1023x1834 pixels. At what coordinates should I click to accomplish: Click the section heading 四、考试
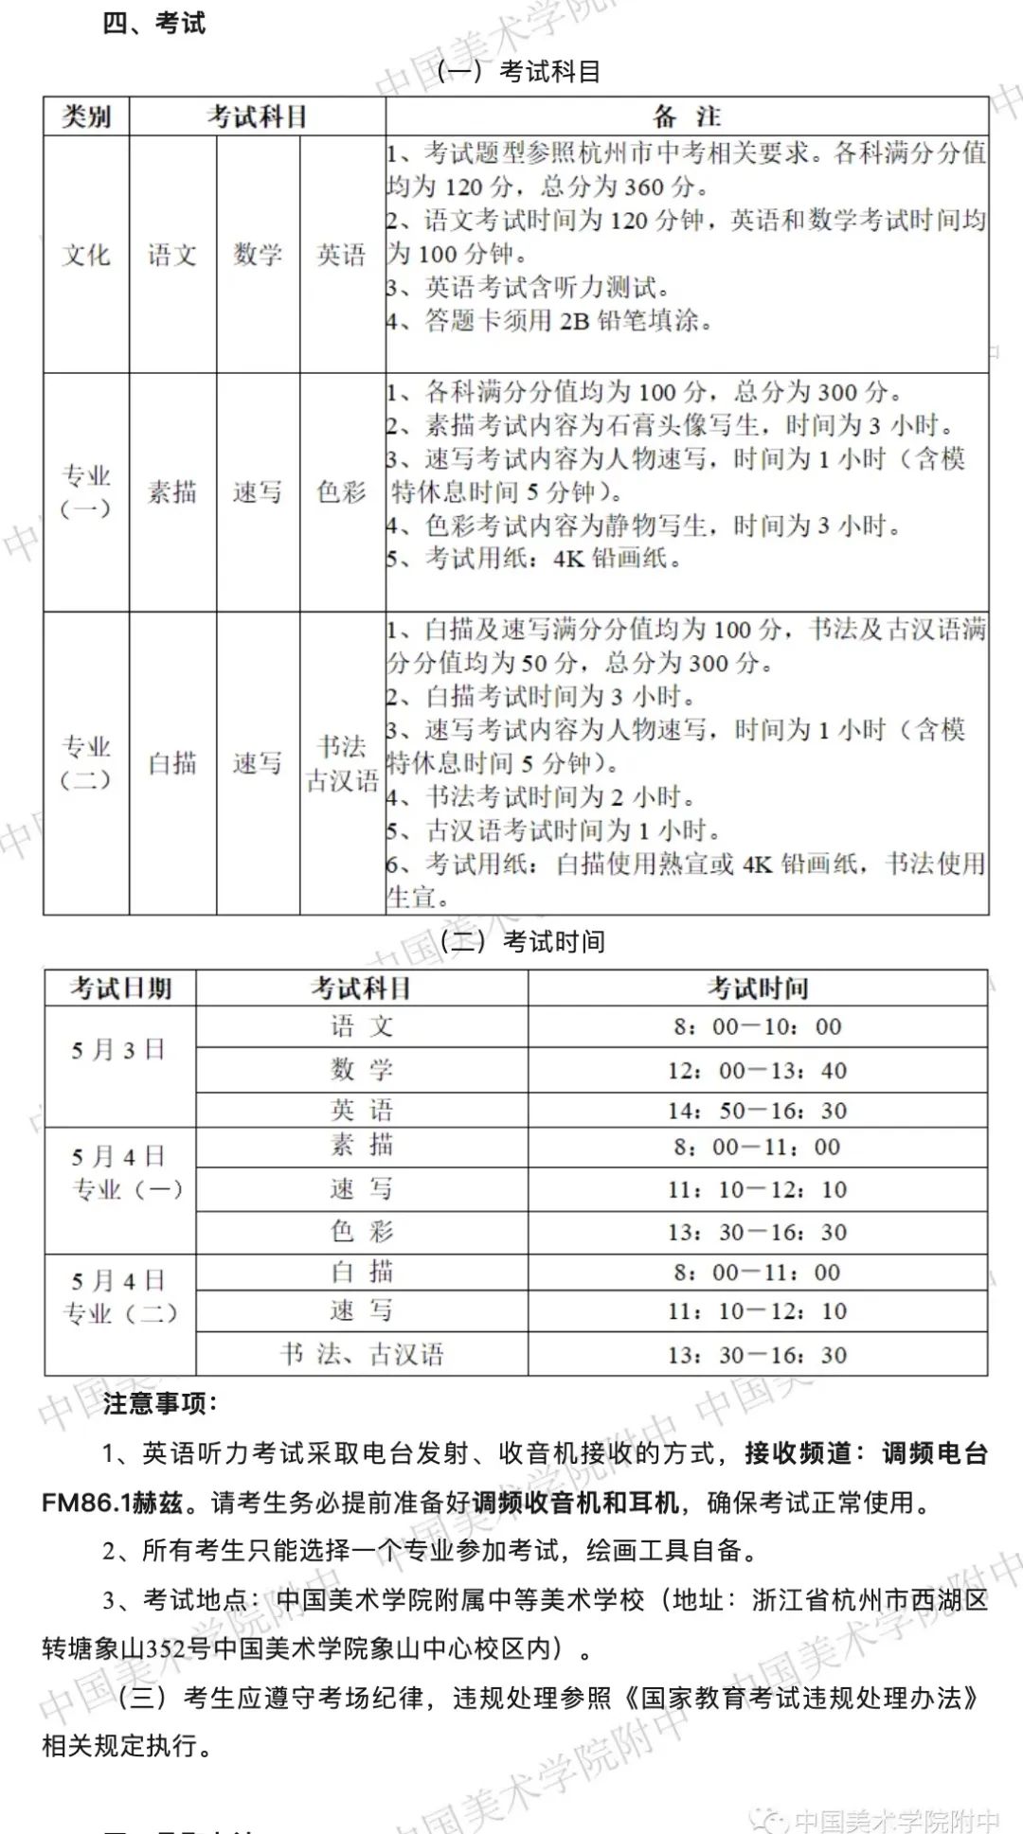[153, 23]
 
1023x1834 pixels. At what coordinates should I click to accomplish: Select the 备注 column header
[687, 116]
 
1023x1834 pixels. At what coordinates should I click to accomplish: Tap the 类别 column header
[86, 116]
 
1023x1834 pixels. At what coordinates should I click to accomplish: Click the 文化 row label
[86, 255]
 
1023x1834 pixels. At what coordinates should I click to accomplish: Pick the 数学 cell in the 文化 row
[258, 255]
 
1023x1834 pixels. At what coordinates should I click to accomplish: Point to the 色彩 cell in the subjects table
[342, 491]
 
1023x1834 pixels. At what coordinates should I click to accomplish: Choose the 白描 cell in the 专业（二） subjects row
[172, 762]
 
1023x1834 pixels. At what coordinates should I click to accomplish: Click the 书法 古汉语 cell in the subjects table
[342, 762]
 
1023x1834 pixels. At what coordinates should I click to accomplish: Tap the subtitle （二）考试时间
[522, 941]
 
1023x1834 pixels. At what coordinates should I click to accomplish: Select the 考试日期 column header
[120, 988]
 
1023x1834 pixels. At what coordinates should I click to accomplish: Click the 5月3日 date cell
[118, 1049]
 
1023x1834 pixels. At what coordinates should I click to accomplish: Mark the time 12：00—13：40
[757, 1070]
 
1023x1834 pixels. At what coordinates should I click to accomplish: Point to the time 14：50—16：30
[757, 1111]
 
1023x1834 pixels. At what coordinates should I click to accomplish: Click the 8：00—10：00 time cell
[757, 1026]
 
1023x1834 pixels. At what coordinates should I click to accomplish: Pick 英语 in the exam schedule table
[362, 1110]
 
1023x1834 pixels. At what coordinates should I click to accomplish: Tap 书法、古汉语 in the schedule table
[362, 1353]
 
